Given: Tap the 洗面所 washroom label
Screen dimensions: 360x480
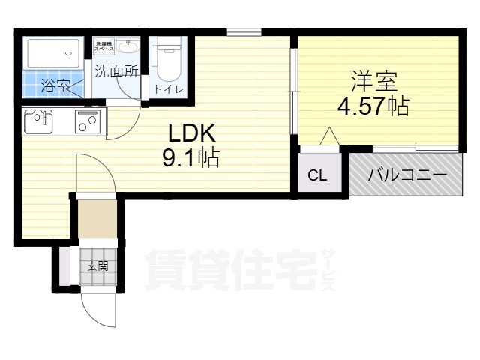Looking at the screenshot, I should [x=116, y=72].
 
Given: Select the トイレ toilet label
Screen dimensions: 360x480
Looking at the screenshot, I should [x=166, y=89].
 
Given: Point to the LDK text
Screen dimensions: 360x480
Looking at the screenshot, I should [x=191, y=133].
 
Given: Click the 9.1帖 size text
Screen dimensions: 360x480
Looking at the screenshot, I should [x=191, y=159].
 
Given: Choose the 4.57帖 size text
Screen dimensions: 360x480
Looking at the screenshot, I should [x=373, y=106].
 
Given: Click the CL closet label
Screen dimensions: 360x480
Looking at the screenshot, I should [x=318, y=176].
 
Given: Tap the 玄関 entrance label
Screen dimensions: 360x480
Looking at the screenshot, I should [x=97, y=265].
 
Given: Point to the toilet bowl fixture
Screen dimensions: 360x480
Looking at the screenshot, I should [x=166, y=62].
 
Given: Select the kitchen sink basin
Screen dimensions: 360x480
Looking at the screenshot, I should [x=37, y=121].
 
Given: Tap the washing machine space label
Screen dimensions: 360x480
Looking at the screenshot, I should [x=103, y=47].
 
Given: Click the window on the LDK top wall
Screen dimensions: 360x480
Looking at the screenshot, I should [x=244, y=31].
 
